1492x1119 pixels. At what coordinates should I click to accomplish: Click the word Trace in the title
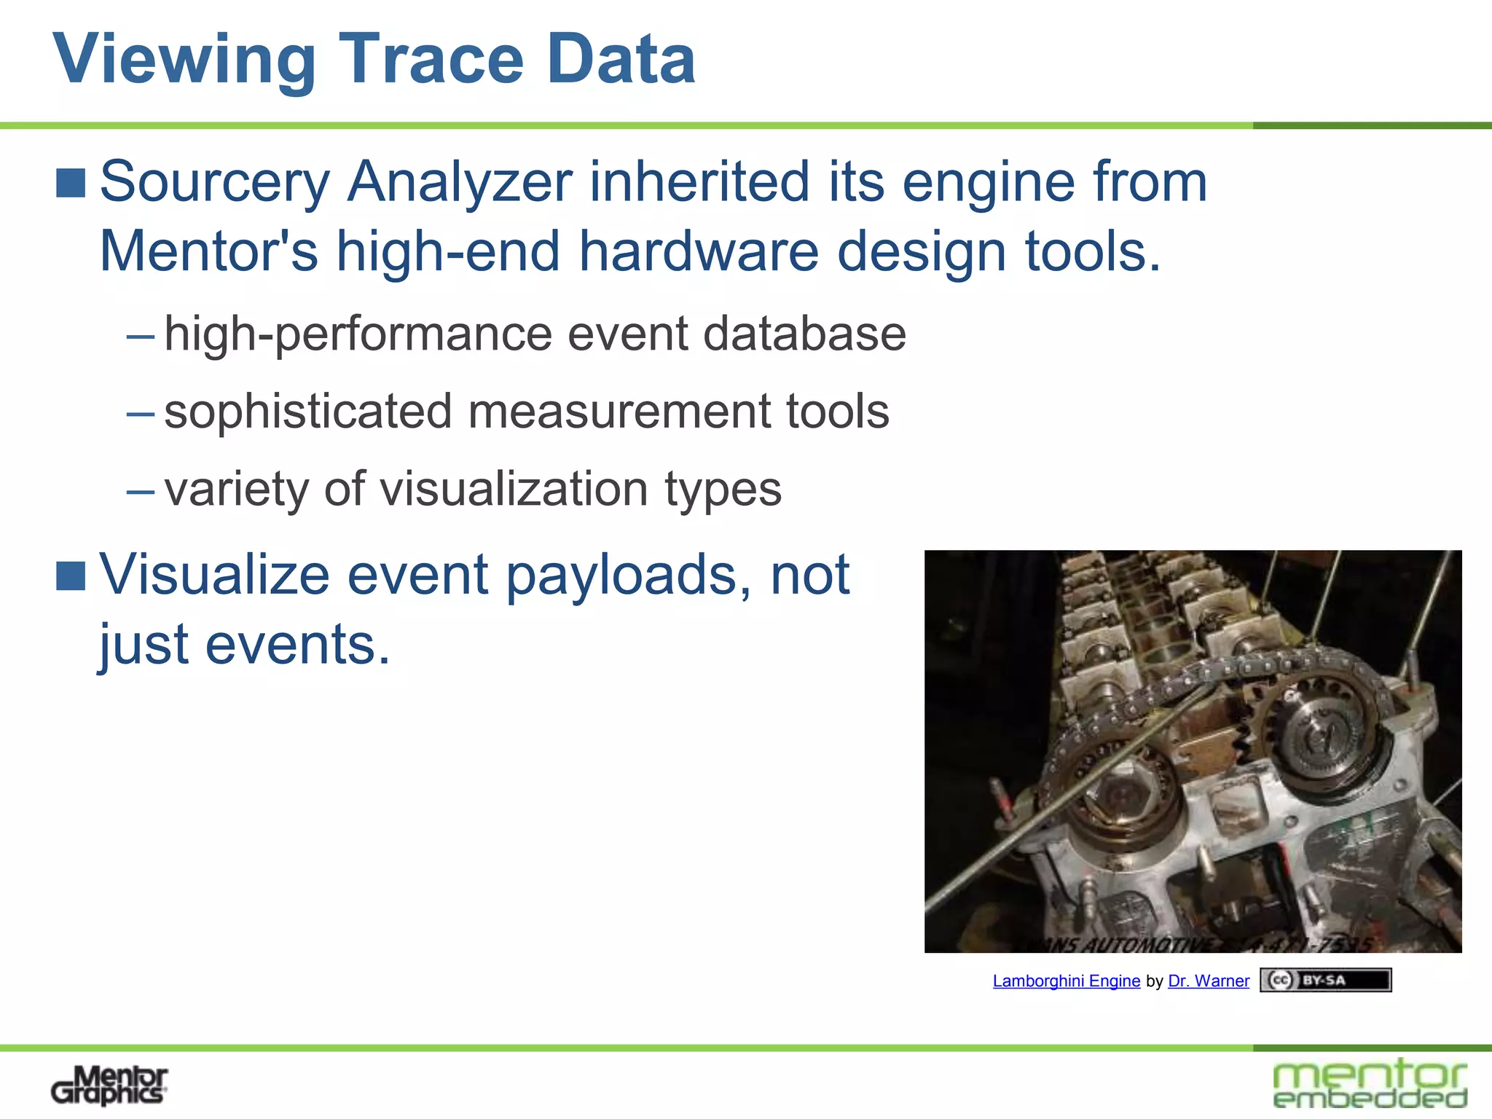432,60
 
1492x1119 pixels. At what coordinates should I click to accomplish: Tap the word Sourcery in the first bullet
215,182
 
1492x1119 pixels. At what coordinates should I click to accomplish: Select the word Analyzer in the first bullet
459,182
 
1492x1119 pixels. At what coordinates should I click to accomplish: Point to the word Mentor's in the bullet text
208,251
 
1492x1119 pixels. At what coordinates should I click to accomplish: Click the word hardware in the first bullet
699,251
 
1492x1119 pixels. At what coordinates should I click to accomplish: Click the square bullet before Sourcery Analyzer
71,183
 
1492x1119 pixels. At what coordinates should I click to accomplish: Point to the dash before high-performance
140,336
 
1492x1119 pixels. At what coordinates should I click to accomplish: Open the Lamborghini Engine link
1066,981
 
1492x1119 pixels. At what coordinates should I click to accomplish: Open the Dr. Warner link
1208,981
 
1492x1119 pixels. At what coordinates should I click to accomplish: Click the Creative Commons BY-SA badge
1325,980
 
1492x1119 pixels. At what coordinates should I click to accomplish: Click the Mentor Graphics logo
109,1085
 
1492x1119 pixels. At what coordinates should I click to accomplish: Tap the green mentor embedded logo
1370,1084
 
